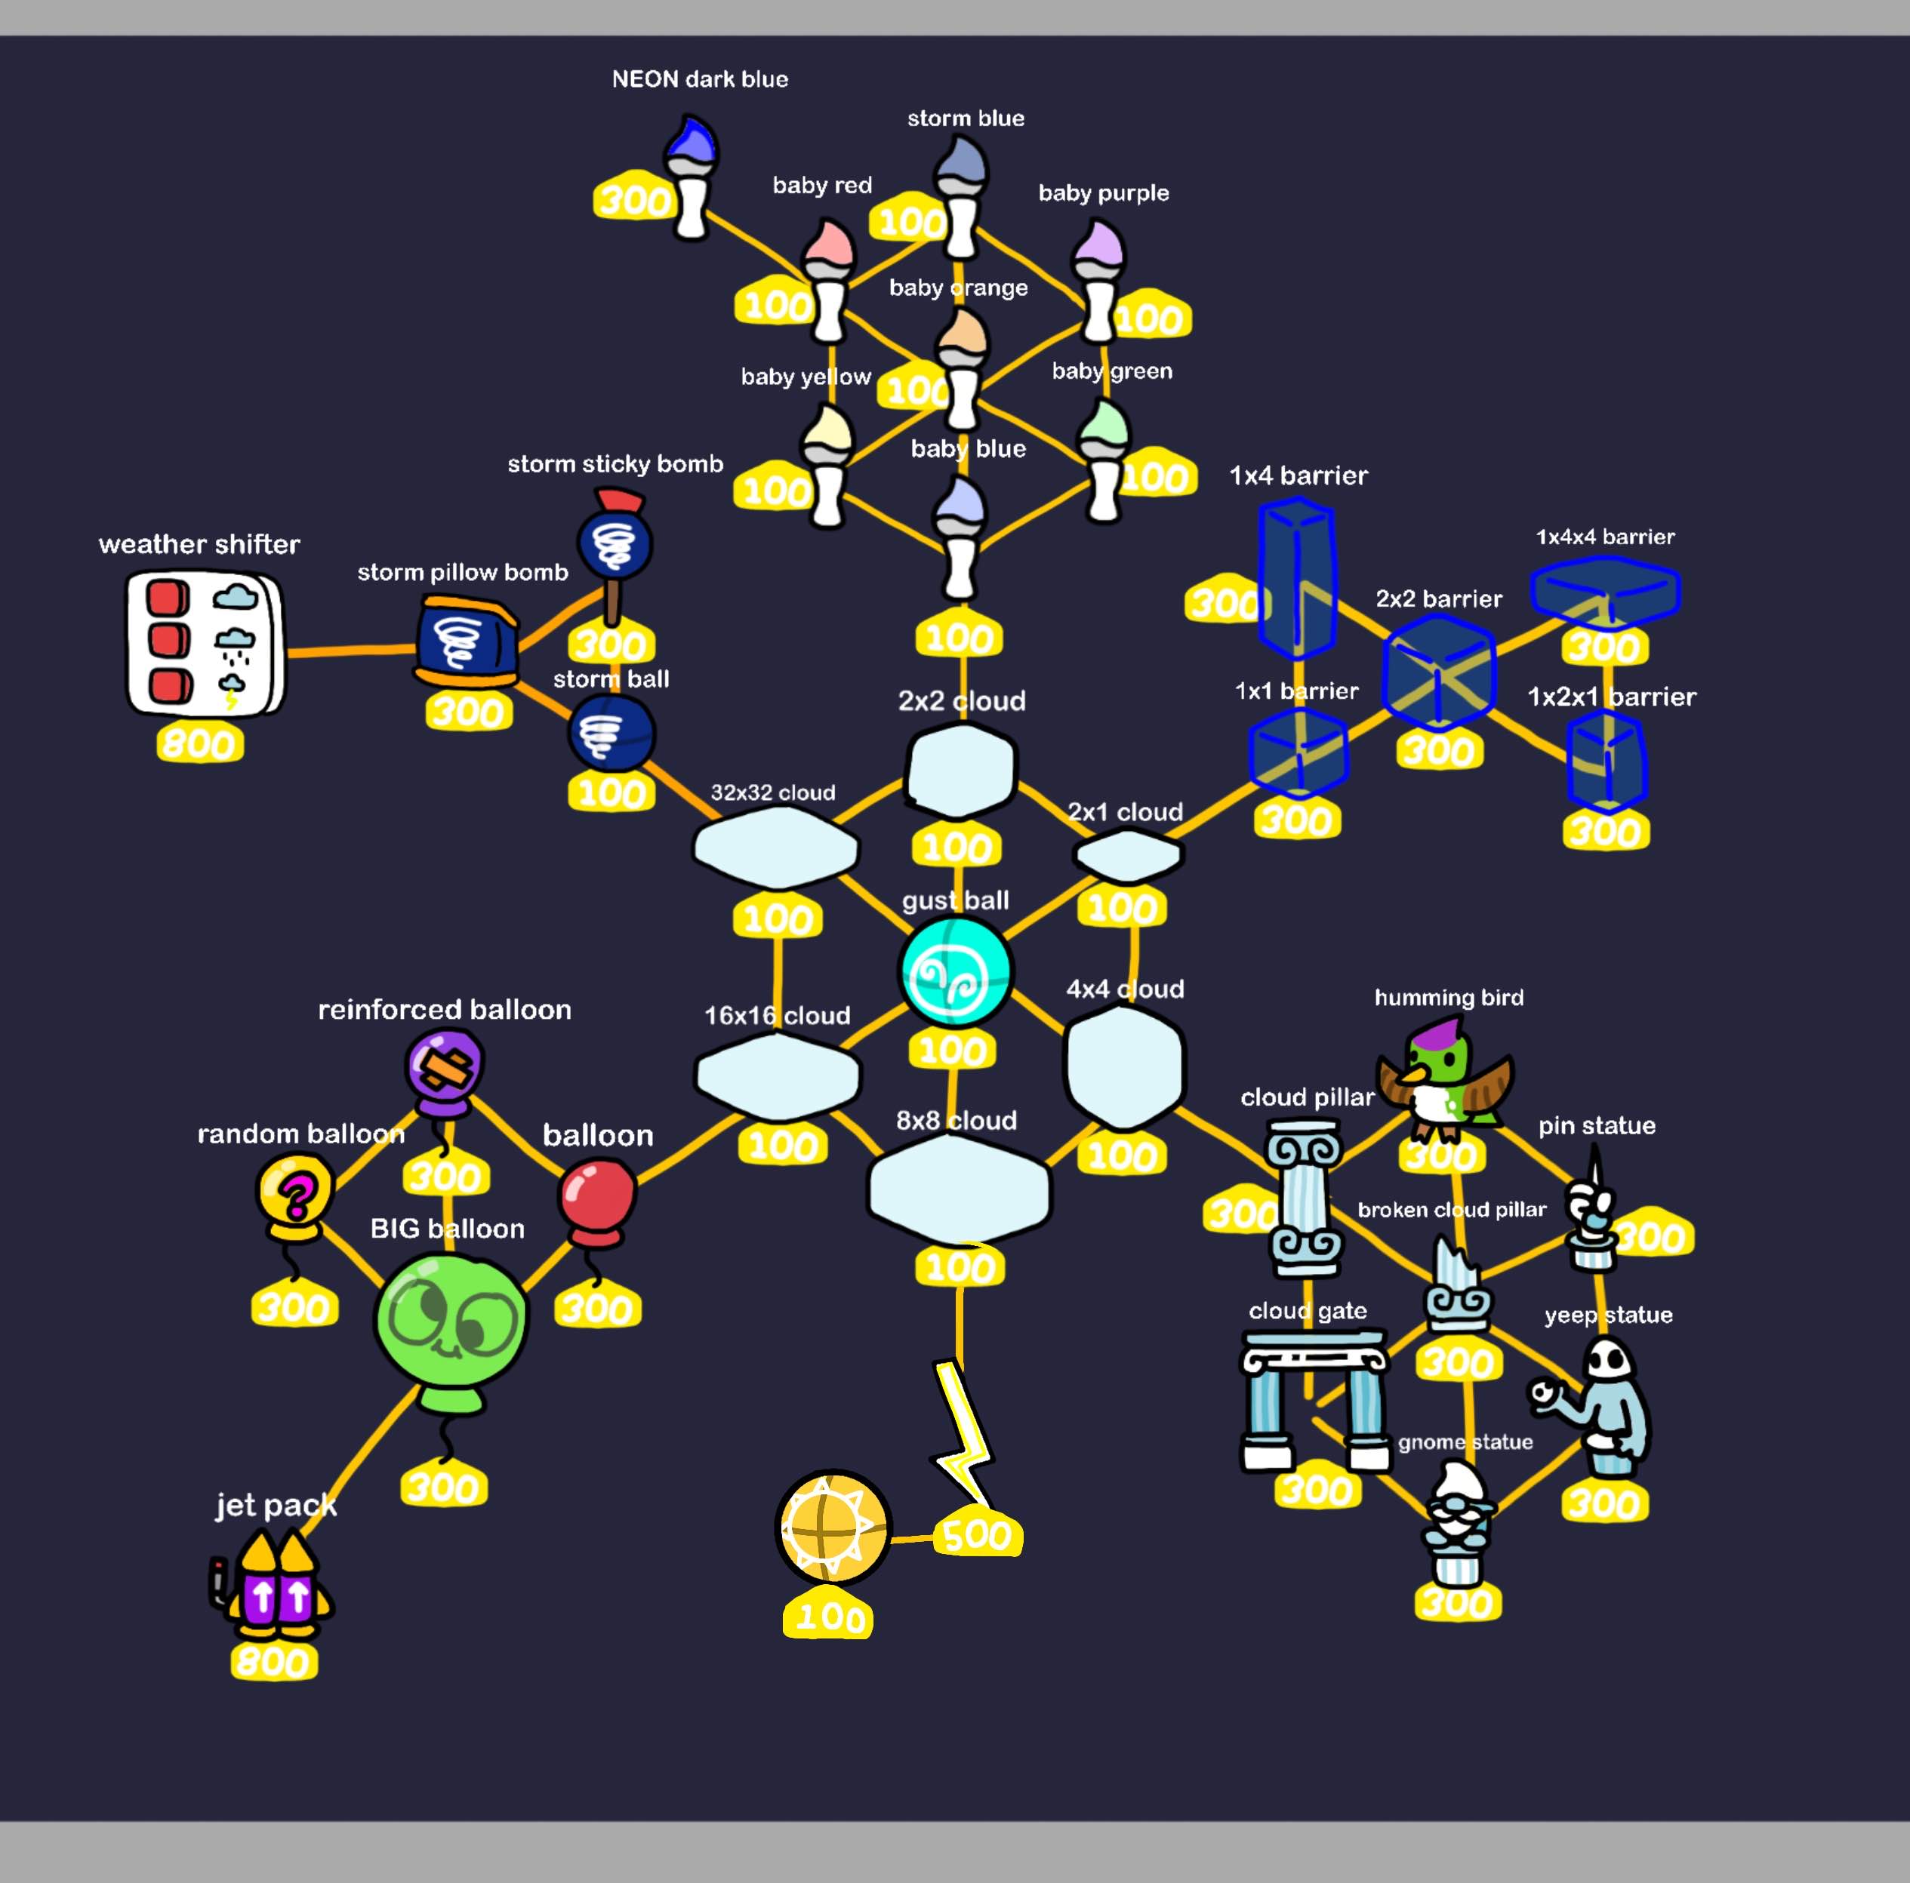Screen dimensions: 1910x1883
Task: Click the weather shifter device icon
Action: point(205,644)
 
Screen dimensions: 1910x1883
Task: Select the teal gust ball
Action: point(955,971)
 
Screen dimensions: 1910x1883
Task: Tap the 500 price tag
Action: point(977,1534)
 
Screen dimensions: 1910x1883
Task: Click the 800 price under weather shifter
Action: point(200,743)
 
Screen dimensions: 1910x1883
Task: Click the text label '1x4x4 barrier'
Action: point(1604,537)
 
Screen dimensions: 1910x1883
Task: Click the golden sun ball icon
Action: point(833,1528)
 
